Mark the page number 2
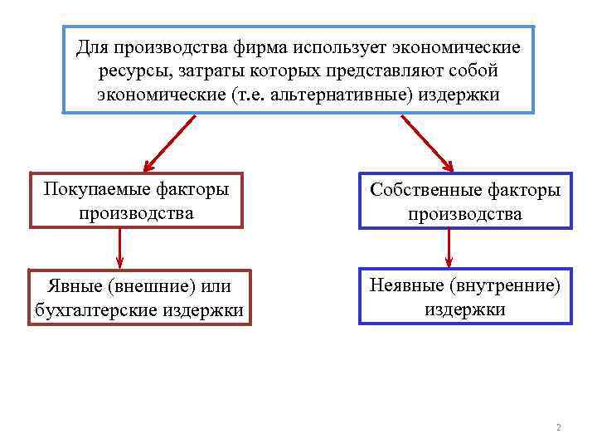pyautogui.click(x=558, y=428)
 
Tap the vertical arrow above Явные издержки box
pyautogui.click(x=120, y=247)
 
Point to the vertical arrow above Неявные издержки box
pyautogui.click(x=449, y=247)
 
